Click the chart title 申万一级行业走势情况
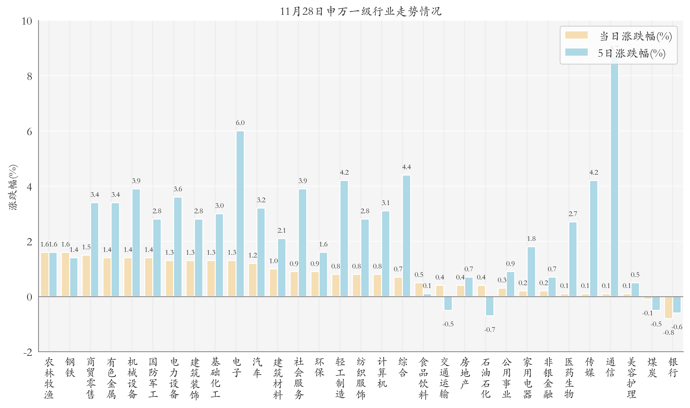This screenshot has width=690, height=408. click(360, 11)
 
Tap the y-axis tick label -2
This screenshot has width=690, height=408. click(28, 352)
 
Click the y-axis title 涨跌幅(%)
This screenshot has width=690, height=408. click(13, 187)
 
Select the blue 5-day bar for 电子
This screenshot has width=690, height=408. click(240, 214)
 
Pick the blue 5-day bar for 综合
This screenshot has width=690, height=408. click(406, 236)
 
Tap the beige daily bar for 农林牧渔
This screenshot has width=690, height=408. click(44, 274)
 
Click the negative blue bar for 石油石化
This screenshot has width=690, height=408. click(489, 306)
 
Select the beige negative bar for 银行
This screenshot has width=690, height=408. click(668, 307)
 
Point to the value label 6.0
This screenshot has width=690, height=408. click(240, 123)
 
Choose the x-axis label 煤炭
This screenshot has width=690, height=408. click(652, 367)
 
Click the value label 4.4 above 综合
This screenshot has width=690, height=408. click(406, 167)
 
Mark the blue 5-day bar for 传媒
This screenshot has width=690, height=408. click(593, 238)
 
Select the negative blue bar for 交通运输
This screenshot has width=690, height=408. click(448, 303)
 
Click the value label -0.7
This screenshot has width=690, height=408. click(489, 329)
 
